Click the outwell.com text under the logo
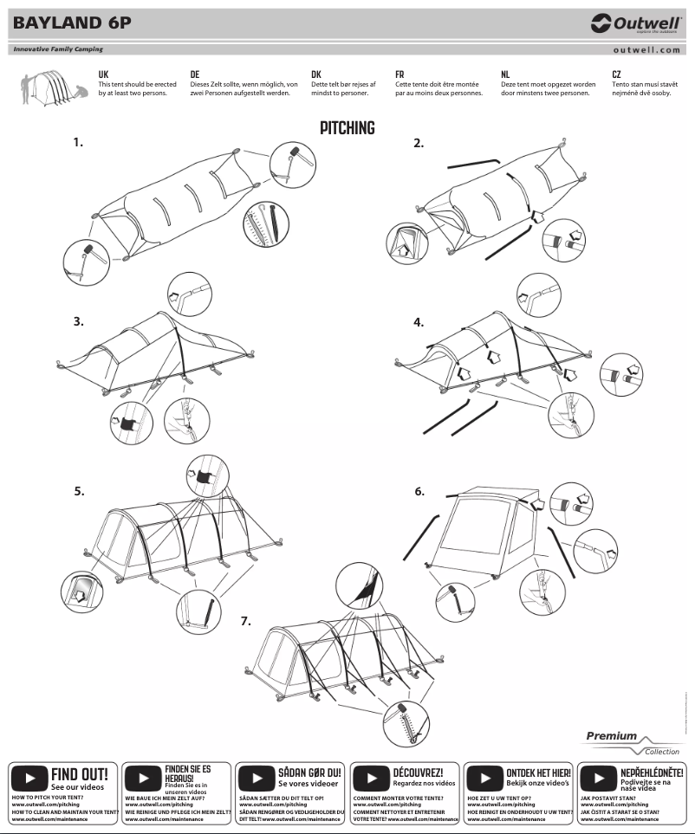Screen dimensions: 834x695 [646, 50]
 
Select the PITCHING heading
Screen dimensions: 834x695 [347, 128]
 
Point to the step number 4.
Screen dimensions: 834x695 [419, 322]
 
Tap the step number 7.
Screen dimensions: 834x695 [246, 621]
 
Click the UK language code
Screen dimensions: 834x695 [103, 75]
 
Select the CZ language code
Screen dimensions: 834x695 [616, 75]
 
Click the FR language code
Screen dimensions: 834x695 [399, 75]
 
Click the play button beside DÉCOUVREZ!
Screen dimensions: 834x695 [371, 776]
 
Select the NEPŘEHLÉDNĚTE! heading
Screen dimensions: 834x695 [652, 771]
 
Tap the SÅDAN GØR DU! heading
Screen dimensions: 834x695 [310, 771]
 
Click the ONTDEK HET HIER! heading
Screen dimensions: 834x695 [538, 771]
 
